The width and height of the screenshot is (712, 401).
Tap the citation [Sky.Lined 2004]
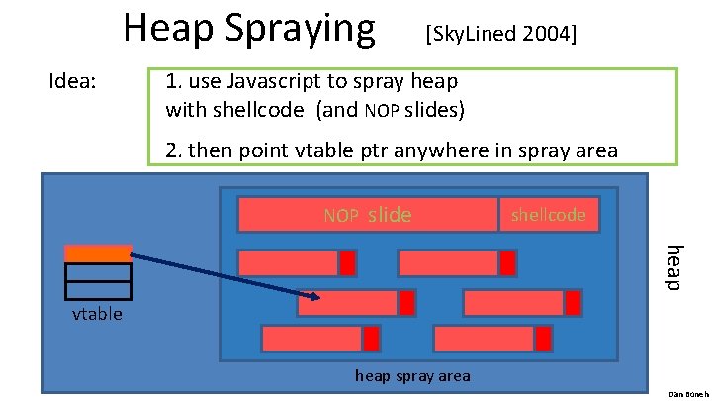click(499, 35)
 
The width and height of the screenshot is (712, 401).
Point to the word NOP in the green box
click(380, 110)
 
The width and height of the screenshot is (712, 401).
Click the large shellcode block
click(549, 214)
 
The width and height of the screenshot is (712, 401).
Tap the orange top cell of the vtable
click(98, 253)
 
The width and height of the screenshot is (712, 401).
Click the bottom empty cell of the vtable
click(98, 289)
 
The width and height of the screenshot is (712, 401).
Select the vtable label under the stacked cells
click(97, 314)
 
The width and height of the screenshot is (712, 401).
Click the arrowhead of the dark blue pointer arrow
click(314, 296)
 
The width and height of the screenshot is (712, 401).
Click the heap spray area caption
click(412, 375)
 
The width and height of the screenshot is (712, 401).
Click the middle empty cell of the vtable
click(98, 272)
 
